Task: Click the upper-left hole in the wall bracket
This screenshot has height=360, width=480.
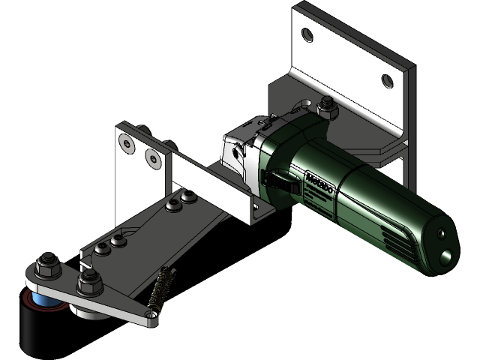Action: (x=307, y=33)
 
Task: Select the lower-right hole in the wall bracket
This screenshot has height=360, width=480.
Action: (x=386, y=80)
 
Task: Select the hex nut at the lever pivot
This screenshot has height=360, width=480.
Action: (x=88, y=283)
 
